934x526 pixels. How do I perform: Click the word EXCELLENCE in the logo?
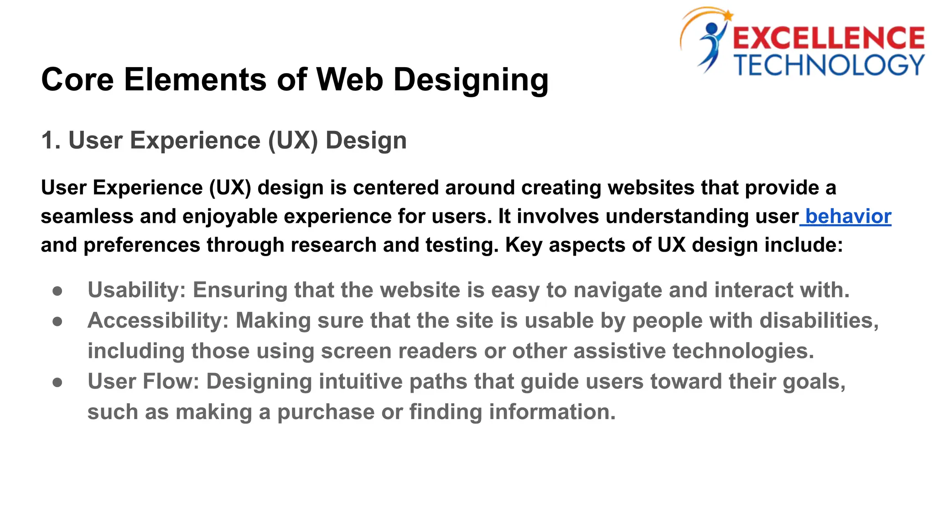pos(828,38)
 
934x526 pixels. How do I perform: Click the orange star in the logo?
pos(728,16)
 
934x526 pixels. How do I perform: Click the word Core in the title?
pos(78,80)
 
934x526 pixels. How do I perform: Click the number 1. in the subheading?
pos(51,140)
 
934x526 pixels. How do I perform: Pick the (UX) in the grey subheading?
pos(293,141)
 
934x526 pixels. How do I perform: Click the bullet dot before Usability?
pos(57,291)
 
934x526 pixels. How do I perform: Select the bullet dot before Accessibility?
pos(57,321)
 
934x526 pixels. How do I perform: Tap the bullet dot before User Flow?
pos(57,382)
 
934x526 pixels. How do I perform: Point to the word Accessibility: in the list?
pos(158,321)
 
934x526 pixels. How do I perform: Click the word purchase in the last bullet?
pos(326,412)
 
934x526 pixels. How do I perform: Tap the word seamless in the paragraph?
pos(87,216)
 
